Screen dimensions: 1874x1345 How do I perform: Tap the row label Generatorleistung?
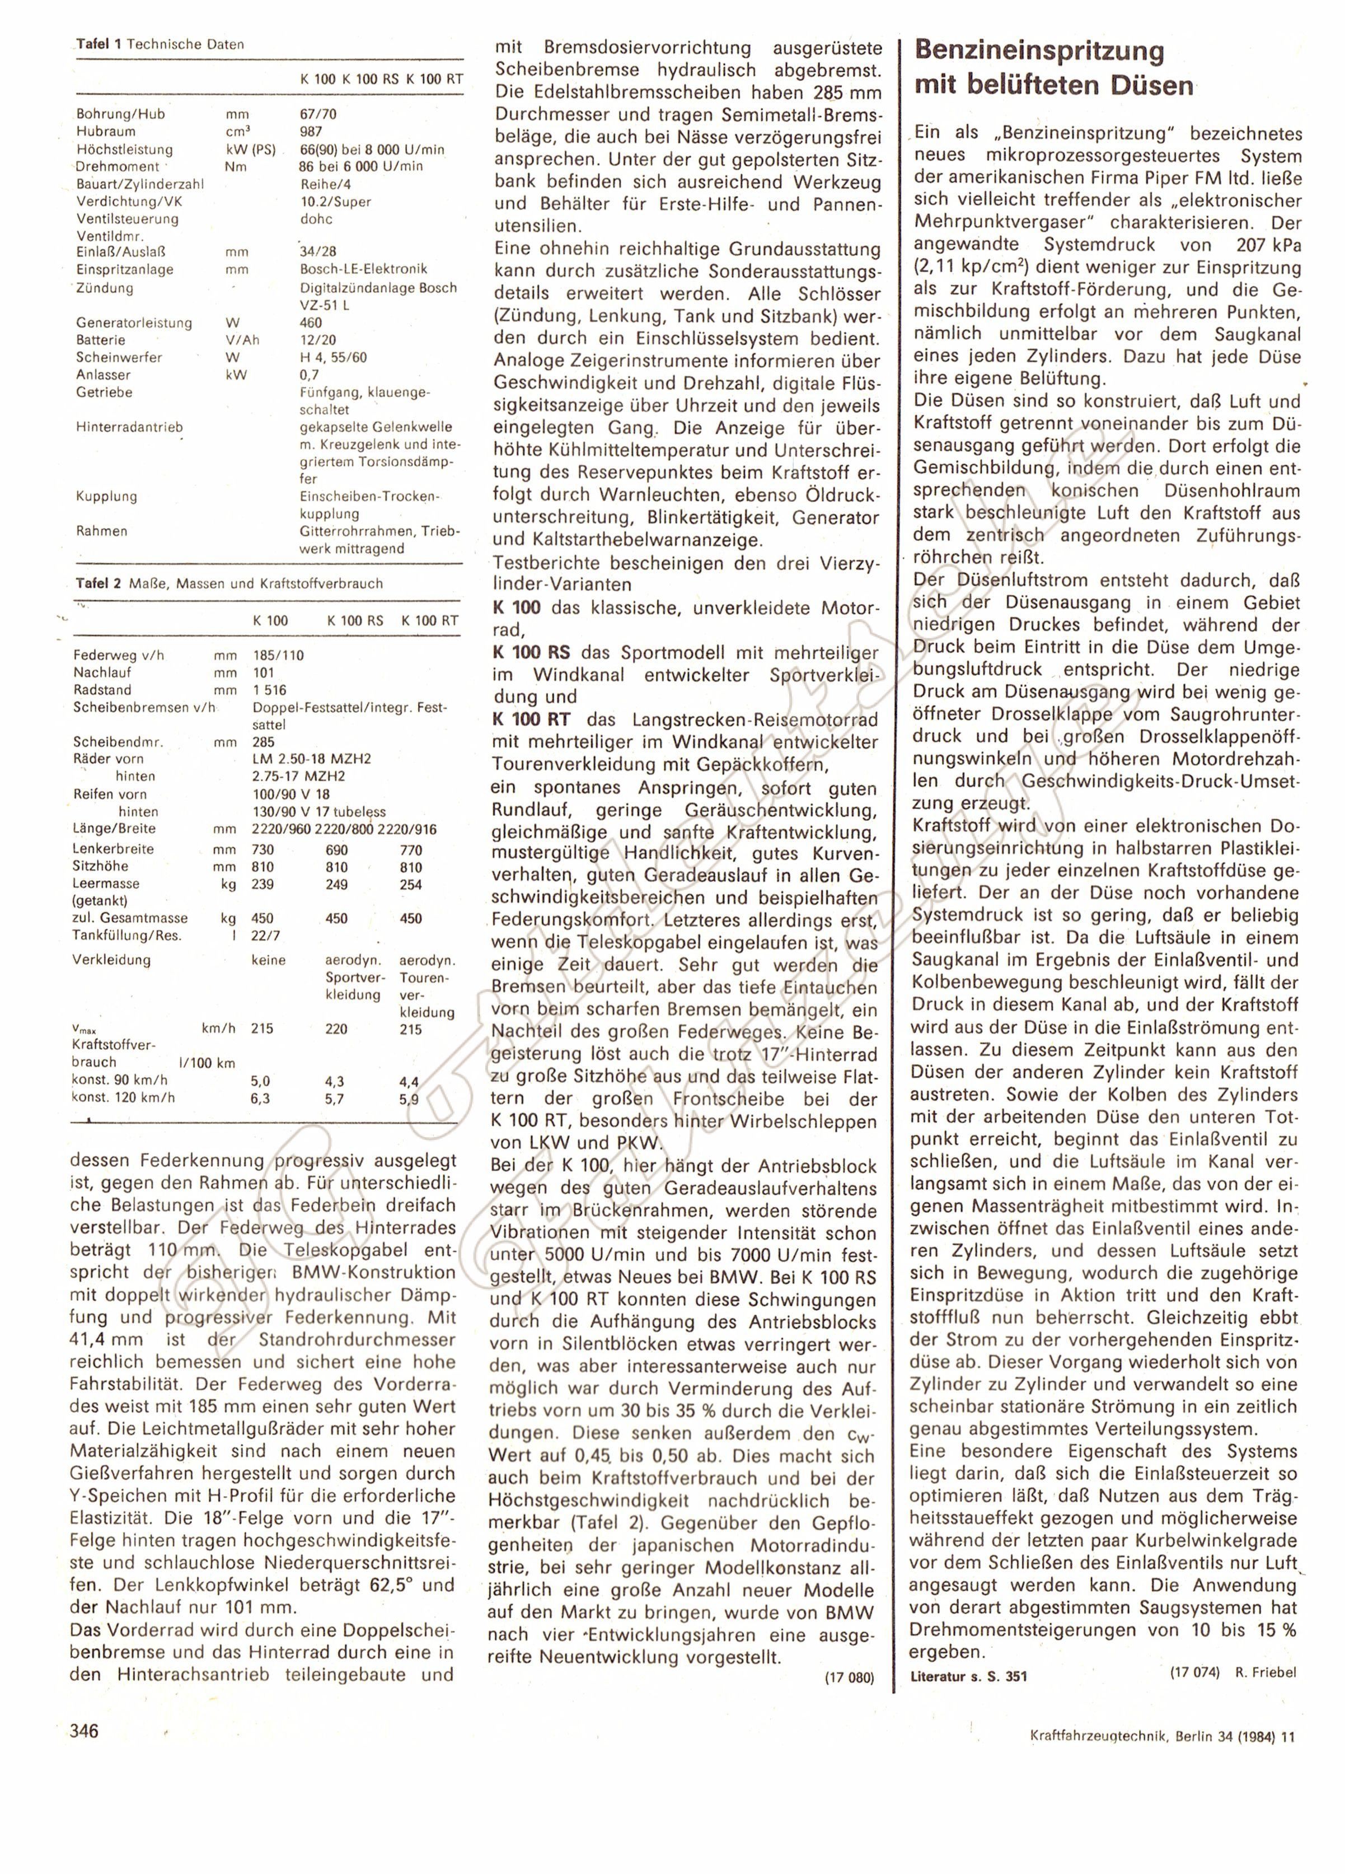(x=134, y=323)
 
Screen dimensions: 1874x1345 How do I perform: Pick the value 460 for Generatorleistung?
(x=311, y=323)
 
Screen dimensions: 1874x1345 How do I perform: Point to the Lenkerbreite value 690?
(x=337, y=849)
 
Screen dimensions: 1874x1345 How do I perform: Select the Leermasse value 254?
(x=411, y=884)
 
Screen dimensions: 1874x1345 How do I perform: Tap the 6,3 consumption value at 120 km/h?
(x=260, y=1098)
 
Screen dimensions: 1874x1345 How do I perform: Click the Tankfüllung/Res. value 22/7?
(x=264, y=936)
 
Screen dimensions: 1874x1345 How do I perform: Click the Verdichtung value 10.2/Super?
(x=335, y=202)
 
